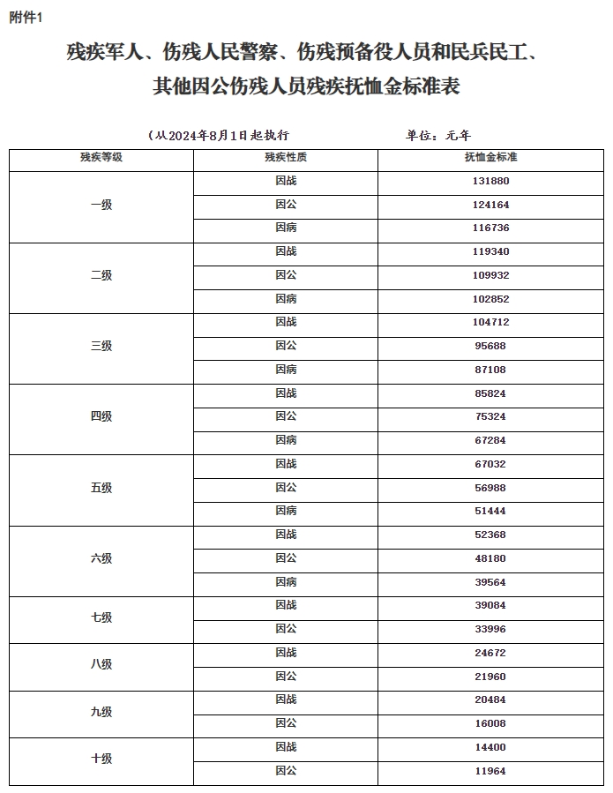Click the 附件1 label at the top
26,18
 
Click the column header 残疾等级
101,158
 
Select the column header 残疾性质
286,158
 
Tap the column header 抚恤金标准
490,158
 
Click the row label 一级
101,205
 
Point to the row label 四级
101,416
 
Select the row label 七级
101,617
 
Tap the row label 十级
101,759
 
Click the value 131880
490,181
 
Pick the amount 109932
490,275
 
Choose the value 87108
490,370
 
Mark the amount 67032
490,464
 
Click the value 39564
490,582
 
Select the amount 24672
490,653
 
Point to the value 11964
490,771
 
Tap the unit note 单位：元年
438,136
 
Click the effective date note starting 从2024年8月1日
221,136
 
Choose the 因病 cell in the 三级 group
286,370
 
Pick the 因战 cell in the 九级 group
286,699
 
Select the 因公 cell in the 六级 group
286,558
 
